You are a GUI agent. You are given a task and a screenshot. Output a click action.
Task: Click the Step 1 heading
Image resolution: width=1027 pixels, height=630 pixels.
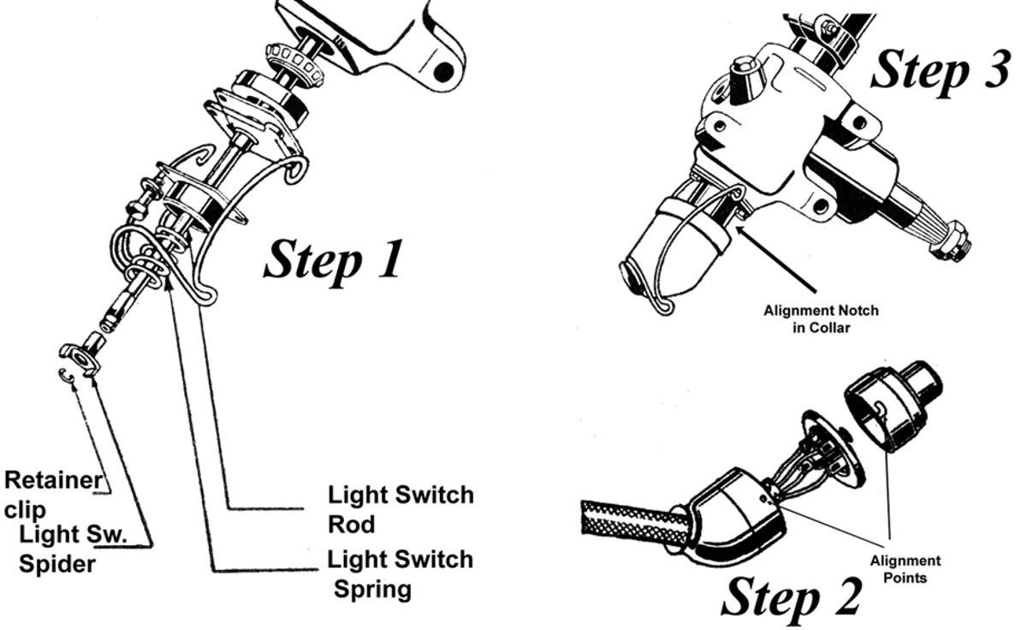click(332, 259)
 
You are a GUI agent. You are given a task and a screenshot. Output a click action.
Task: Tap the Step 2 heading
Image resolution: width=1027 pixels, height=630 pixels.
click(792, 597)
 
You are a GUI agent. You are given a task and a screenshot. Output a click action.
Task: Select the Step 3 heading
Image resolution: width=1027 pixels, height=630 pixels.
click(940, 68)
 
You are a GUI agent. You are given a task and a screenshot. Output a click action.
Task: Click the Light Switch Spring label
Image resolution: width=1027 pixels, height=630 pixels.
click(400, 574)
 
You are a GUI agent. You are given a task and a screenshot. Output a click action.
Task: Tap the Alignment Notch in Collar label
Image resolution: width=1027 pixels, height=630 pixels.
click(821, 318)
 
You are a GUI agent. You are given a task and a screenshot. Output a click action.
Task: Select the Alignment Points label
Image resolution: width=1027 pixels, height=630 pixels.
click(905, 568)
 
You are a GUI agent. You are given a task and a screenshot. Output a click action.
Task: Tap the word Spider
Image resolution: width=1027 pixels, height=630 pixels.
click(56, 564)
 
